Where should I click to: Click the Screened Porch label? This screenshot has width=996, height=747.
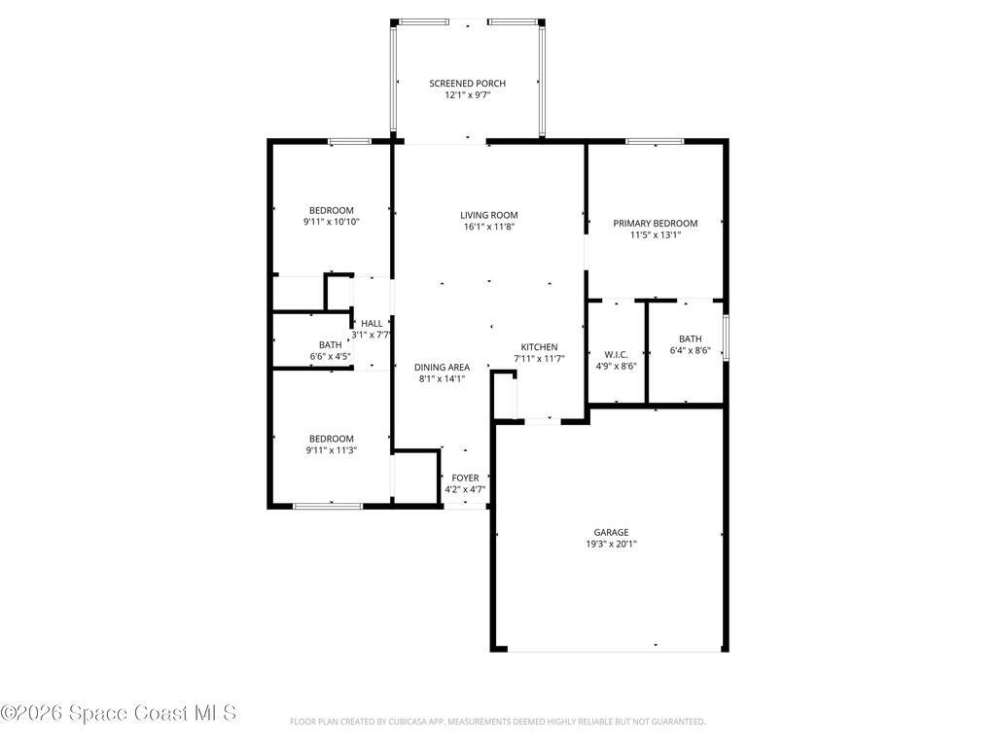468,84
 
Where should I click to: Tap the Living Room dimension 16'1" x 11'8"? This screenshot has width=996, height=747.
488,227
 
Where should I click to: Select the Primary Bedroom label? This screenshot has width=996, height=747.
655,223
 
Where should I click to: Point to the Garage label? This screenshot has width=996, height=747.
611,532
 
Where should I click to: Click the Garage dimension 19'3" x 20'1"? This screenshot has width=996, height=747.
611,545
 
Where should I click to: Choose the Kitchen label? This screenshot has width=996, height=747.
539,347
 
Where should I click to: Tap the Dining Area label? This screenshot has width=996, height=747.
442,367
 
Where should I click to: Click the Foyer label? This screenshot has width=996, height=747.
465,478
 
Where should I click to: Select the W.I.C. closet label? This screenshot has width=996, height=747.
616,354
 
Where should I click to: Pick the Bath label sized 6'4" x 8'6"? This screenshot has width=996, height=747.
690,338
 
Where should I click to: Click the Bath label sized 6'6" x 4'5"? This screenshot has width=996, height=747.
330,344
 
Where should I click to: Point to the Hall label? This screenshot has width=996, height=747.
372,323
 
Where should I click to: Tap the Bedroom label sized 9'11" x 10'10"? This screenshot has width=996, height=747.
331,210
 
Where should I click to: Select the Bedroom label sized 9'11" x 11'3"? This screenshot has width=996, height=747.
331,439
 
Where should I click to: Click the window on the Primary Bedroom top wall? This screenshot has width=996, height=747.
654,142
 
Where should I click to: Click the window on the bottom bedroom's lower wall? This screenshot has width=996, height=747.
328,506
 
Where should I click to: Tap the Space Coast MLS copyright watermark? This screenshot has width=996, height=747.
118,713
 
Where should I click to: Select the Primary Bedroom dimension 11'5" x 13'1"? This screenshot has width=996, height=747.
655,234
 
